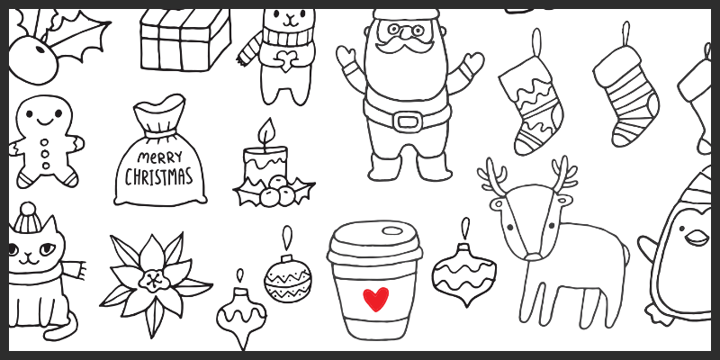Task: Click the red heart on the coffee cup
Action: (375, 299)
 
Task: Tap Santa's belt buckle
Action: (408, 121)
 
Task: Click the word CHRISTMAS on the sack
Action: (159, 176)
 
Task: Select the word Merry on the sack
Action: (159, 157)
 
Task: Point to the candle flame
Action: (266, 131)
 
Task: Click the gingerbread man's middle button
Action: (44, 154)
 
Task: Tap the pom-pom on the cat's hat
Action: (28, 209)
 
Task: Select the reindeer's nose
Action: (532, 256)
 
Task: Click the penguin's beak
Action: (696, 238)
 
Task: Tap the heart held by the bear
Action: (286, 60)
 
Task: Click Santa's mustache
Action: (404, 44)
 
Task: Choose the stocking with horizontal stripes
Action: (626, 96)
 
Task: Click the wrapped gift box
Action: (185, 40)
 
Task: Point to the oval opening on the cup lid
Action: (391, 231)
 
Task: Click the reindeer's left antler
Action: (493, 175)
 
